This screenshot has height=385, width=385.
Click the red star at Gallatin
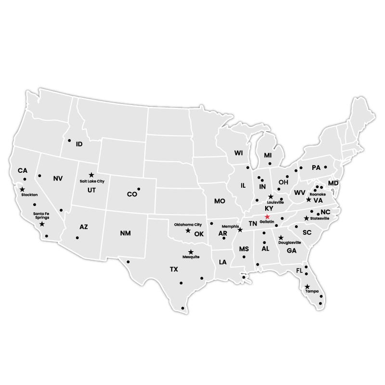[268, 217]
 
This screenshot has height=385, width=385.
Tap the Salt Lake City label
[92, 181]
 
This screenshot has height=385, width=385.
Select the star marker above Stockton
[22, 190]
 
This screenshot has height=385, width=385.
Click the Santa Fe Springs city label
[41, 215]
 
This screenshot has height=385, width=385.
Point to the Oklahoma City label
[188, 224]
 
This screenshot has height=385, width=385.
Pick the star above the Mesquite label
[191, 252]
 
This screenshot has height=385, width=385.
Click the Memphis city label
[230, 226]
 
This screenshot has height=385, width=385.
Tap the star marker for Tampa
[307, 287]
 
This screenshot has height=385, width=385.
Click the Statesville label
[320, 218]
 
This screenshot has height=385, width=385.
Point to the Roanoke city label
[317, 194]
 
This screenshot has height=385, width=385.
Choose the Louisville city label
[275, 203]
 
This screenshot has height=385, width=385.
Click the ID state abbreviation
[79, 144]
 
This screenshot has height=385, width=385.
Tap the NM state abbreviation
[125, 233]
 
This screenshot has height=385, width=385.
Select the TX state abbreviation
[174, 269]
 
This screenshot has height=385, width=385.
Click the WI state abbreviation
[239, 153]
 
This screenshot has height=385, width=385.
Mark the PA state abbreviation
[316, 168]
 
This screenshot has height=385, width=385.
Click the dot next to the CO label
[139, 189]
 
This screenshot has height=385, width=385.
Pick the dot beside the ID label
[69, 141]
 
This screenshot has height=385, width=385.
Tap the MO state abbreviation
[219, 201]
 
